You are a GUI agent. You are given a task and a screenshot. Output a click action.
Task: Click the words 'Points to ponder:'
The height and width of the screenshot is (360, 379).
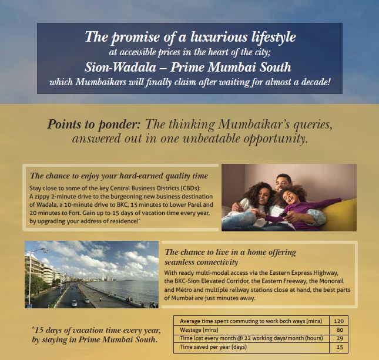pyautogui.click(x=85, y=125)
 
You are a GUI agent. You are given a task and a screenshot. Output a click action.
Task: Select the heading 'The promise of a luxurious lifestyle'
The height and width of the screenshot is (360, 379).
pyautogui.click(x=190, y=37)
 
